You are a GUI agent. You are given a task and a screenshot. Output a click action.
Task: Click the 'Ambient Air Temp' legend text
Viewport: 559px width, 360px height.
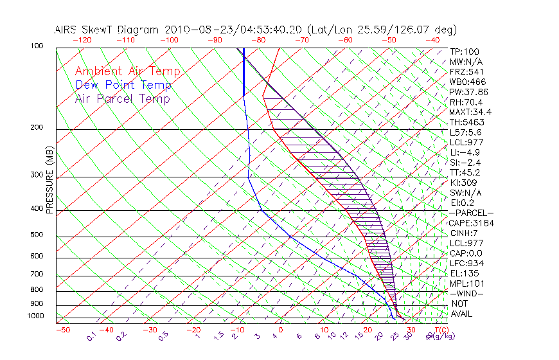pos(127,71)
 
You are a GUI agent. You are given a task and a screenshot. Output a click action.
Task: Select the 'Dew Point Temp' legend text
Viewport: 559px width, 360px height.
pos(123,85)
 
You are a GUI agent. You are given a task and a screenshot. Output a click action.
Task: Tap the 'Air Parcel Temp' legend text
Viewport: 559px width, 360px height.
pos(122,98)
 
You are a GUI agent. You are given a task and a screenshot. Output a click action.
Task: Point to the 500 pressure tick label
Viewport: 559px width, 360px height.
pos(36,235)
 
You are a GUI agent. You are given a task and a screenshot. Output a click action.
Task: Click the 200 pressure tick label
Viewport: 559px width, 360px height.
pos(36,127)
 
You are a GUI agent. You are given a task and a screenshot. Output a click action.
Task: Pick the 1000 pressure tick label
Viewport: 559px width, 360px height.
pos(35,316)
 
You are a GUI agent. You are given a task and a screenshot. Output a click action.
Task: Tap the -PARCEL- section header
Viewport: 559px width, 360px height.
pos(472,213)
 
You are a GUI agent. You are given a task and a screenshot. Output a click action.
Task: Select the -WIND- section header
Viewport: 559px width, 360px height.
pos(467,293)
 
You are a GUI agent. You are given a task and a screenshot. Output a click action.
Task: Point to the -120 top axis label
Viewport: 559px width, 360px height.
pos(82,40)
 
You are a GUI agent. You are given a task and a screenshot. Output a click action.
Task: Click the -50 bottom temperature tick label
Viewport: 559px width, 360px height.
pos(62,330)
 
